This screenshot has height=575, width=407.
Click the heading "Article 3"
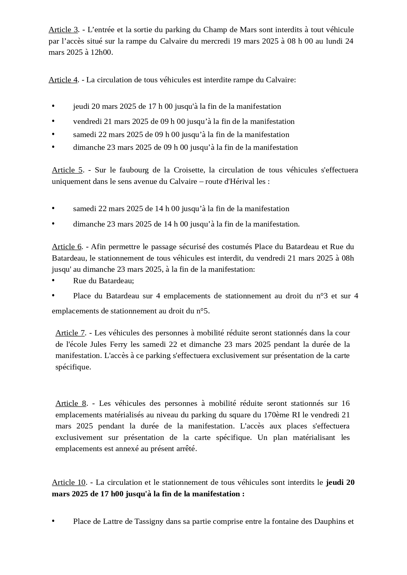pyautogui.click(x=63, y=30)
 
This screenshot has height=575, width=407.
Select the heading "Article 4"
pyautogui.click(x=63, y=80)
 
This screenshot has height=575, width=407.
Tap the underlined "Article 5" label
pyautogui.click(x=67, y=170)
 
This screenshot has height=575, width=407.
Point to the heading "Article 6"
pyautogui.click(x=67, y=247)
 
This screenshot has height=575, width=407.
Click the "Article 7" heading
pyautogui.click(x=70, y=333)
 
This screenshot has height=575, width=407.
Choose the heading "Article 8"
pyautogui.click(x=71, y=404)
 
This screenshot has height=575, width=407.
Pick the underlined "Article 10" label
pyautogui.click(x=69, y=483)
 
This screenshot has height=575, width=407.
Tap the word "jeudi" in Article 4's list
pyautogui.click(x=81, y=107)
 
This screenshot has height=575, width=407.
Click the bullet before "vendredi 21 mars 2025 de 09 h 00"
pyautogui.click(x=53, y=121)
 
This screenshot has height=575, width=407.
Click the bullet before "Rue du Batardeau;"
pyautogui.click(x=53, y=281)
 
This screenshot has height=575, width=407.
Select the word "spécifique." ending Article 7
pyautogui.click(x=73, y=367)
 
